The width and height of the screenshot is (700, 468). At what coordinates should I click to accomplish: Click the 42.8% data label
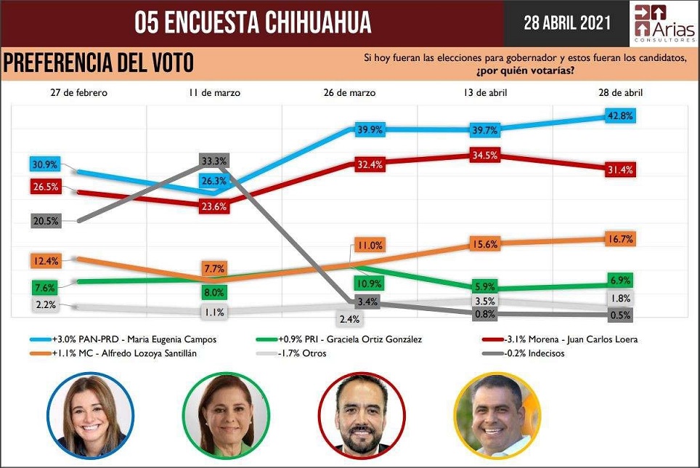(621, 116)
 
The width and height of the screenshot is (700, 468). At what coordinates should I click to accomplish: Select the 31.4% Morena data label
(621, 169)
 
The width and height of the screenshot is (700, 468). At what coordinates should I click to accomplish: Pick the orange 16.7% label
(621, 238)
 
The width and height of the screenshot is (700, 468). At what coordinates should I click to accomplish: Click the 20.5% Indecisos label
(46, 221)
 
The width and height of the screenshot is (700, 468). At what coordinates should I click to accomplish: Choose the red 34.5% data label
(484, 156)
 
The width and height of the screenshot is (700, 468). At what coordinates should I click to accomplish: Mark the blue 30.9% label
(44, 164)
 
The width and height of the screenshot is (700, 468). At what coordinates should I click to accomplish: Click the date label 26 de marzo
(349, 93)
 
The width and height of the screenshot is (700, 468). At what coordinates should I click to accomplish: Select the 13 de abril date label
(486, 93)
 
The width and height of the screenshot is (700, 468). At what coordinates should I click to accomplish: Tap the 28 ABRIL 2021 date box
(567, 23)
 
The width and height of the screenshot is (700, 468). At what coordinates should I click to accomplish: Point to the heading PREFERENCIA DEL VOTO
(99, 63)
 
